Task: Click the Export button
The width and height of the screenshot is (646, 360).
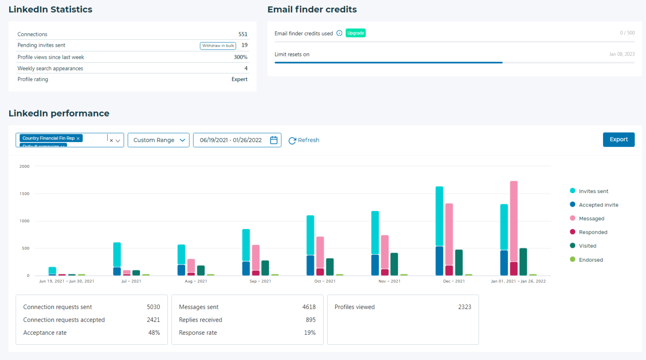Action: click(618, 140)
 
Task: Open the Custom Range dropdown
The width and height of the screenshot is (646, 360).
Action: click(159, 140)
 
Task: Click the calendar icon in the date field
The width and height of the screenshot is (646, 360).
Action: click(274, 140)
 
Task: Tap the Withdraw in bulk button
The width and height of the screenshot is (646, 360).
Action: click(218, 46)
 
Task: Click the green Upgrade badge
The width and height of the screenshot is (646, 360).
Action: click(355, 33)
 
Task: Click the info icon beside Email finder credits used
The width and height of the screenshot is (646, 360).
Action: click(339, 33)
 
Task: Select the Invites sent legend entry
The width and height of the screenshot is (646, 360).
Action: click(593, 191)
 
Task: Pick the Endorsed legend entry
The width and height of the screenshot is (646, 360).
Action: click(590, 260)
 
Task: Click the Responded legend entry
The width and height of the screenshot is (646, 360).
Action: click(593, 232)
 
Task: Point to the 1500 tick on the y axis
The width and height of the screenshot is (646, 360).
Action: click(24, 194)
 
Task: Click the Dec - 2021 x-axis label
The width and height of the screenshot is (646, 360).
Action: click(454, 281)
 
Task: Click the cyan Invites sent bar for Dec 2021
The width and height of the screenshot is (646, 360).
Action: click(439, 216)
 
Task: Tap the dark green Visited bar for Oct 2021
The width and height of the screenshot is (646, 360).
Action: click(330, 267)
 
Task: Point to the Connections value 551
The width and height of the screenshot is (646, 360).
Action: click(243, 34)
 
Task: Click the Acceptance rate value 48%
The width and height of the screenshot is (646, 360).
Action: click(154, 333)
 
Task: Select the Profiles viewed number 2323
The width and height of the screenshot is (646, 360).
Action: click(464, 307)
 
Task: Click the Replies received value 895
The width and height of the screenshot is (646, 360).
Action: click(310, 320)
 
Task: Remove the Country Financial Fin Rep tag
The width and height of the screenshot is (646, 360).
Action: click(78, 138)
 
